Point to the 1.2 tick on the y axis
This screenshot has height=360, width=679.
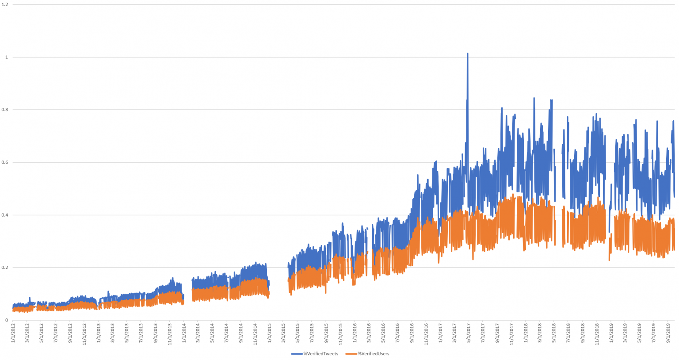pyautogui.click(x=5, y=4)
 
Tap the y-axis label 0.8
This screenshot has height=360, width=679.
pyautogui.click(x=5, y=110)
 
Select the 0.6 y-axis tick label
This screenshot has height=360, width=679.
pyautogui.click(x=5, y=162)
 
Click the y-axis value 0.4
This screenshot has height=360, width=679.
pyautogui.click(x=5, y=215)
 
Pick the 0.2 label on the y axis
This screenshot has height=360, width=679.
pyautogui.click(x=5, y=268)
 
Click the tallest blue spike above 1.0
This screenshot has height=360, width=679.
pyautogui.click(x=467, y=54)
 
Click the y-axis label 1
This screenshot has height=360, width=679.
pyautogui.click(x=7, y=57)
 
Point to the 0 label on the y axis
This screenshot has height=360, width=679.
pyautogui.click(x=7, y=320)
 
